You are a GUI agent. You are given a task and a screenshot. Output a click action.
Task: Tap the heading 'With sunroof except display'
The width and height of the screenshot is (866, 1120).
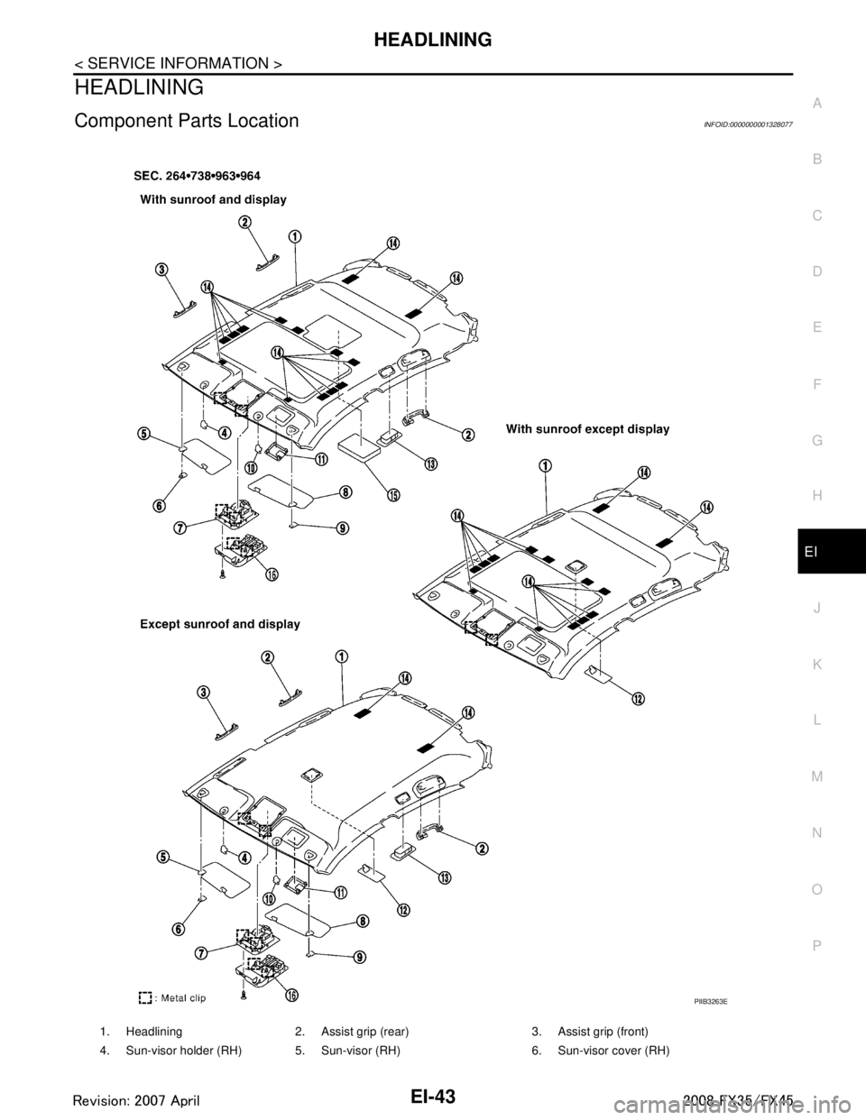pyautogui.click(x=587, y=430)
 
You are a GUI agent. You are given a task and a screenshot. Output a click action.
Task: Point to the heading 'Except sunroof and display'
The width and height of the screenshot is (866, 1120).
pyautogui.click(x=219, y=624)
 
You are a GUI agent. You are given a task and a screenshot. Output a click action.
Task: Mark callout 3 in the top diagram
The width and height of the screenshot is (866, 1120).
pyautogui.click(x=160, y=270)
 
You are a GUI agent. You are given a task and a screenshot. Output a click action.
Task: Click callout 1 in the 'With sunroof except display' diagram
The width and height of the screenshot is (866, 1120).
pyautogui.click(x=547, y=464)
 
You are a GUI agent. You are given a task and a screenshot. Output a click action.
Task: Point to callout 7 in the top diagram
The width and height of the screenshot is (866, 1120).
pyautogui.click(x=180, y=528)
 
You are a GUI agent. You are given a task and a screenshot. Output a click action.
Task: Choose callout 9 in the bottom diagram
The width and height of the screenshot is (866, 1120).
pyautogui.click(x=360, y=958)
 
